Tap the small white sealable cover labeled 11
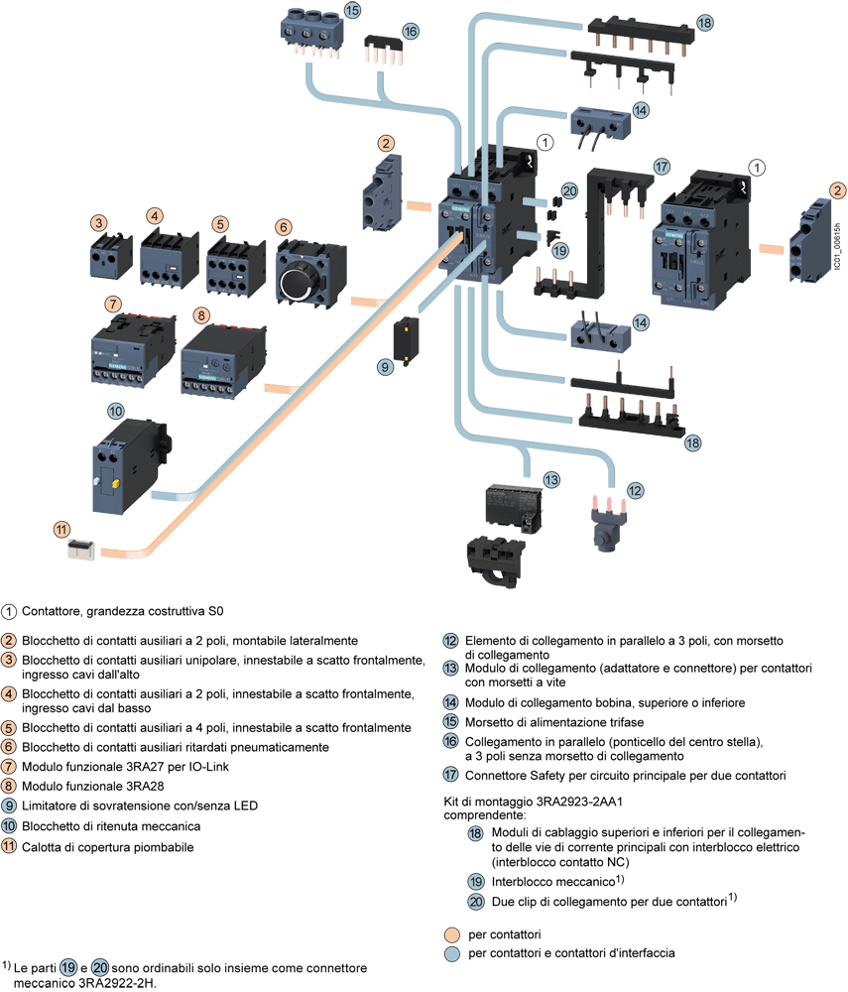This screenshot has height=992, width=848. [x=79, y=549]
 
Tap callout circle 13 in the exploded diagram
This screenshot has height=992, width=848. [x=551, y=479]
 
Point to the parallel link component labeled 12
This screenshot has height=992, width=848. [x=601, y=522]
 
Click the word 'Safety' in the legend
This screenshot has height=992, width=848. [x=538, y=775]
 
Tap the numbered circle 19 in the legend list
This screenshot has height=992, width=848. [x=476, y=881]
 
